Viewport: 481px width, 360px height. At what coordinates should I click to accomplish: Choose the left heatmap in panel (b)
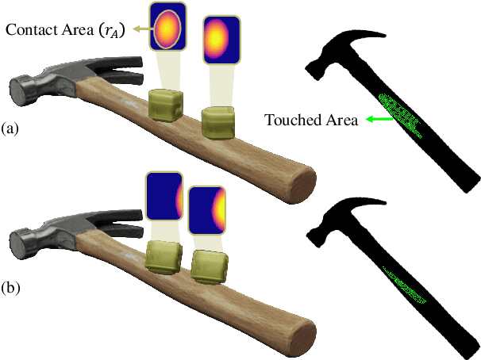tap(164, 197)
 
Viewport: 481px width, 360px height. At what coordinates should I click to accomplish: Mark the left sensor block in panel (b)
tap(164, 259)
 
